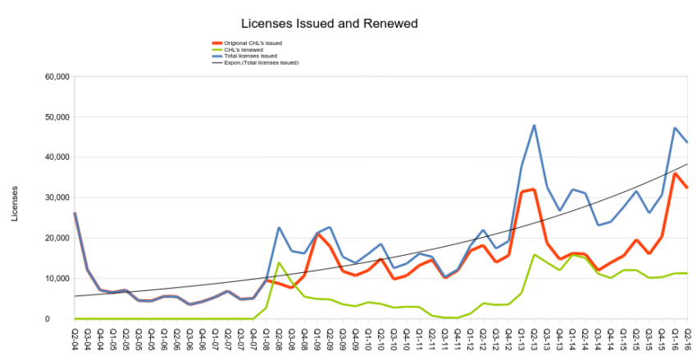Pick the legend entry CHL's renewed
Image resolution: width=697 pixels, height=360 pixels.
click(x=242, y=50)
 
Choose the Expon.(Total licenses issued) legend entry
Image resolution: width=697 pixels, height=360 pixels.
click(x=261, y=62)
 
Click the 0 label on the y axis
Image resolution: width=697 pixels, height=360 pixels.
click(x=66, y=319)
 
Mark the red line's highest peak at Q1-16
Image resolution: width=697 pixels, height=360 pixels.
click(x=675, y=173)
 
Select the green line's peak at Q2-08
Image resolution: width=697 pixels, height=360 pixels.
click(x=279, y=263)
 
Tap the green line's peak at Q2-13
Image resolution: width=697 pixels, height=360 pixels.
click(x=535, y=254)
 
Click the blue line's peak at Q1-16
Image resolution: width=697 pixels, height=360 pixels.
click(x=675, y=128)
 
